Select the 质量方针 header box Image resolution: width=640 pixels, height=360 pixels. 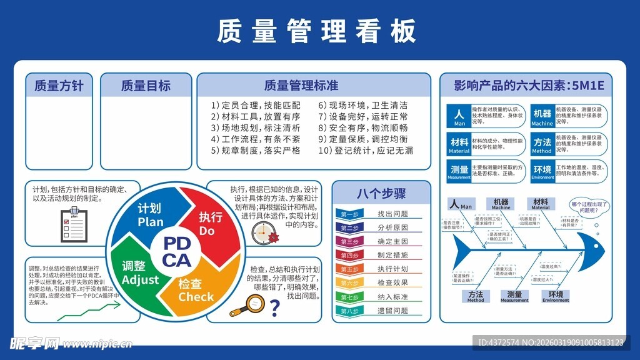coord(59,86)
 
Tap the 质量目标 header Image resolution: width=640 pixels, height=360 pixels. coord(146,86)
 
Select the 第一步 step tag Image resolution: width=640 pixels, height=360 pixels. coord(350,214)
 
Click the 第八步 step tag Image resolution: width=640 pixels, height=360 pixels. coord(350,311)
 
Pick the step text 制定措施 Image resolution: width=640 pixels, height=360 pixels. coord(392,256)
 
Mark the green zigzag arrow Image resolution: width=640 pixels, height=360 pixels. coord(80,312)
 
